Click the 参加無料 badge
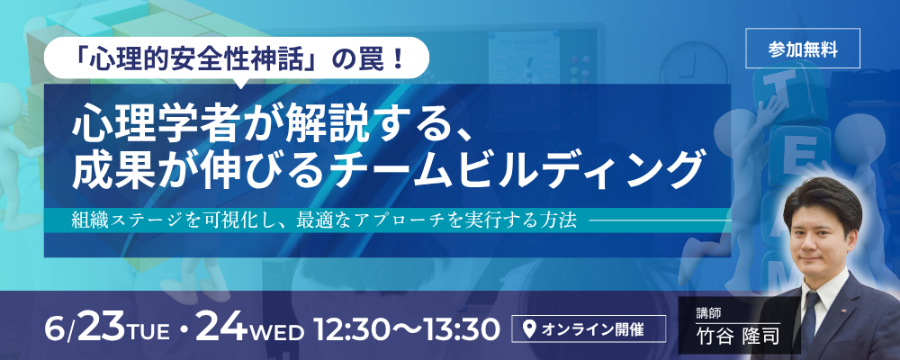pos(803,49)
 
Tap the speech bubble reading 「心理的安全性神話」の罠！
pos(237,58)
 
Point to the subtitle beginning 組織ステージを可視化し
pos(324,221)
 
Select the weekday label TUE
pos(148,332)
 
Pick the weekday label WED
pos(281,332)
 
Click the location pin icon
pos(530,329)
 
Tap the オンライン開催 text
pos(592,330)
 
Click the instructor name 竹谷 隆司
pos(736,336)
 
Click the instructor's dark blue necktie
pos(810,318)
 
